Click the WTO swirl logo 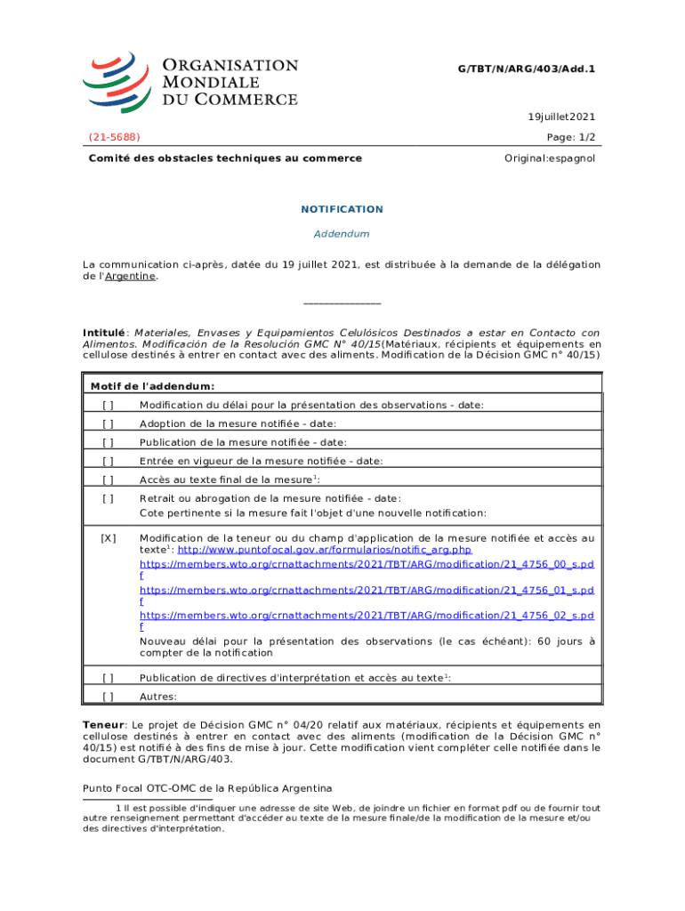118,81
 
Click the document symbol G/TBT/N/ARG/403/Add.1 526,68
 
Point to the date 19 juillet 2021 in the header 561,117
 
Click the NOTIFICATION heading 342,209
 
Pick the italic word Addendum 342,234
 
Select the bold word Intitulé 104,333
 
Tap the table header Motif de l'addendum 152,386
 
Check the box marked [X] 108,538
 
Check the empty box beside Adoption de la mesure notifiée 108,423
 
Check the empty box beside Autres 108,697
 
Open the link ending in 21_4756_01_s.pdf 367,590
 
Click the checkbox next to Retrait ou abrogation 108,498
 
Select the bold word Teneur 102,725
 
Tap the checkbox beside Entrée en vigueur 108,461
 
